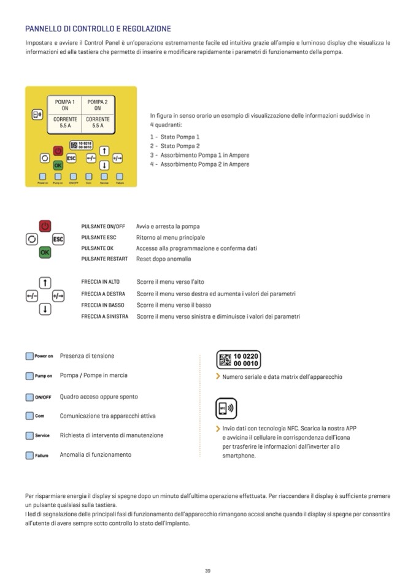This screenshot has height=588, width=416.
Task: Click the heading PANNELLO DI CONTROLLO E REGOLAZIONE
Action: (x=98, y=29)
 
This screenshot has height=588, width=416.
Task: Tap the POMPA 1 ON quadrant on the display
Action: (x=65, y=105)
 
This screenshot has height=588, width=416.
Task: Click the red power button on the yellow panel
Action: (x=58, y=150)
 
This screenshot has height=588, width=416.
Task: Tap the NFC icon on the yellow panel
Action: (x=37, y=115)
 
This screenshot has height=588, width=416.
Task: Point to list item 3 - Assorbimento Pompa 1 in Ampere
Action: (x=199, y=155)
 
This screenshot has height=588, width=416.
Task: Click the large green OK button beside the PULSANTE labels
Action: (x=45, y=252)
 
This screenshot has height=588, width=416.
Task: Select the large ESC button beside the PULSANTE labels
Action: (x=59, y=239)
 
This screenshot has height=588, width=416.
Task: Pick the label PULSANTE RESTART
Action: (x=104, y=259)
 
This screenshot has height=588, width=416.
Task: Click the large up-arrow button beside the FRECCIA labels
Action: (x=45, y=283)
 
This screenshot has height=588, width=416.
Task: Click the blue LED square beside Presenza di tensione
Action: (x=29, y=356)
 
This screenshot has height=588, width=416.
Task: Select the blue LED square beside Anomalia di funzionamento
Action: (x=29, y=456)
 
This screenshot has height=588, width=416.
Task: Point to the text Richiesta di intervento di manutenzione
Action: (x=112, y=435)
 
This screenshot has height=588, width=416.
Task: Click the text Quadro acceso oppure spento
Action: (x=99, y=397)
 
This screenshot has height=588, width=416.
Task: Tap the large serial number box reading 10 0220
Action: (x=239, y=359)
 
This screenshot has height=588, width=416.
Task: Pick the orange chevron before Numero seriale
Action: (x=218, y=376)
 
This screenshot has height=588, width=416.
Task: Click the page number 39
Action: (x=208, y=571)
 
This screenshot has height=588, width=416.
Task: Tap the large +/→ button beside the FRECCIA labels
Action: (x=58, y=296)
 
